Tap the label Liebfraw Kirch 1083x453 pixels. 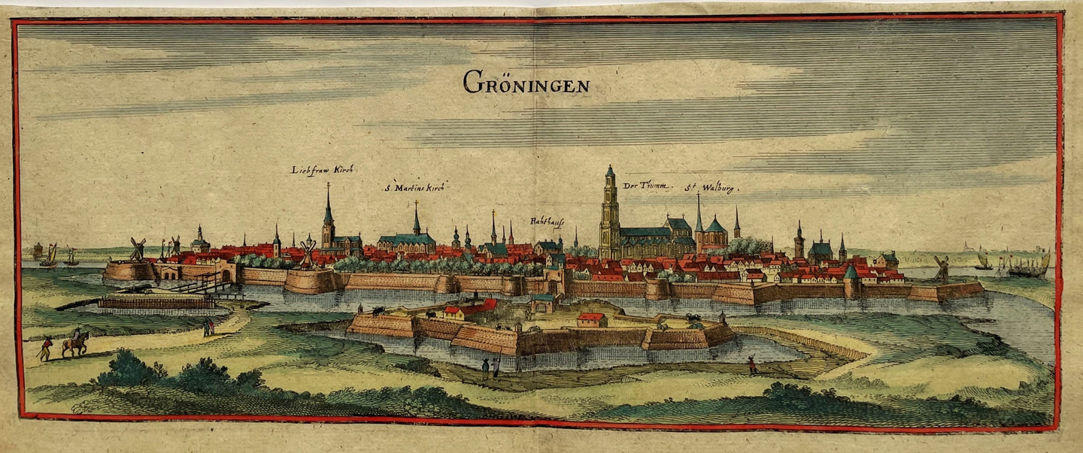click(322, 170)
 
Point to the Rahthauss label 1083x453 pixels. click(548, 222)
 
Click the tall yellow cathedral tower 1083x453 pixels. click(609, 214)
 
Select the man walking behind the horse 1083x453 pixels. click(47, 348)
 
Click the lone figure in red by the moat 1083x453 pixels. click(751, 365)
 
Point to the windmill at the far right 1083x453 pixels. click(941, 267)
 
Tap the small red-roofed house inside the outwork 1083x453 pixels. click(591, 320)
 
